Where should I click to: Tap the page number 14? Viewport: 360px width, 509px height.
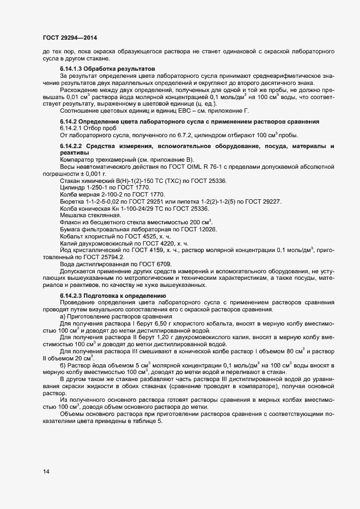click(x=46, y=471)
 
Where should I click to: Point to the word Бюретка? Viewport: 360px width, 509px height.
click(x=71, y=201)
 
